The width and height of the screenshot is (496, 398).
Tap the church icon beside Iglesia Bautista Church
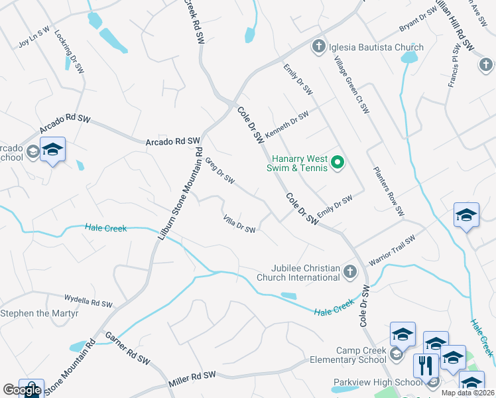point(318,46)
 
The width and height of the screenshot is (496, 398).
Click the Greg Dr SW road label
point(220,170)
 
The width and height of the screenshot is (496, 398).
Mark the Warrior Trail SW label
point(392,249)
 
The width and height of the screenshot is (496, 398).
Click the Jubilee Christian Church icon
point(351,271)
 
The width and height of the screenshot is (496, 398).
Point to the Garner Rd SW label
point(127,348)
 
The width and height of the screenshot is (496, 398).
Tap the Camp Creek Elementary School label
point(349,355)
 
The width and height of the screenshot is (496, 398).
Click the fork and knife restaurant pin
point(424,365)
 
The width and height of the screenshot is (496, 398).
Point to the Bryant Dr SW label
point(418,21)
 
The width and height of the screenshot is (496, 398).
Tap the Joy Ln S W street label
point(34,39)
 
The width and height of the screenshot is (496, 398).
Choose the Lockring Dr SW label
point(70,51)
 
